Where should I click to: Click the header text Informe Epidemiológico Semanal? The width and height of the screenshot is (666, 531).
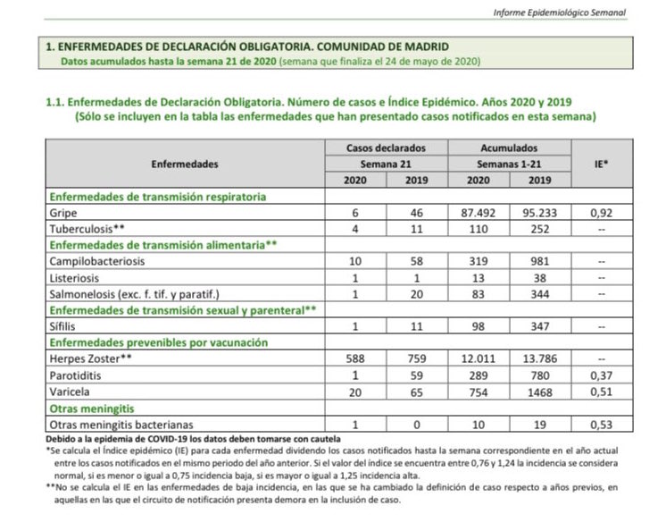click(x=559, y=12)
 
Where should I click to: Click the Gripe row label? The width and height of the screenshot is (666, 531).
click(x=63, y=214)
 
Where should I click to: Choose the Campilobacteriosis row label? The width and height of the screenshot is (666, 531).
click(x=97, y=261)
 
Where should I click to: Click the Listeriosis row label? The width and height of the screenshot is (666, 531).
click(x=77, y=277)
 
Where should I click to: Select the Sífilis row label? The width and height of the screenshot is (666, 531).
click(x=63, y=327)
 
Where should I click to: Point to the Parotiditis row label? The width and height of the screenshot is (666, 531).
click(x=78, y=375)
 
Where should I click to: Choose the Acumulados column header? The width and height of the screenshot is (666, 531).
click(x=509, y=147)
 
